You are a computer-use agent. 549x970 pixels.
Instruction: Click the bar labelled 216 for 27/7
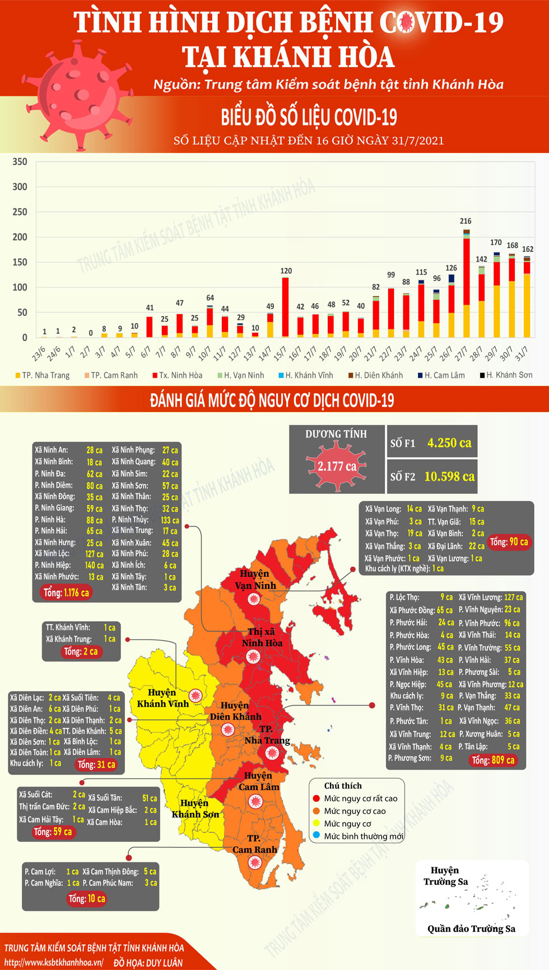point(466,283)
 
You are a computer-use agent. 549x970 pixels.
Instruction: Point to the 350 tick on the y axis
point(20,162)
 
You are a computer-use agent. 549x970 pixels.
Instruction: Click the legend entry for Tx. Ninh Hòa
point(177,375)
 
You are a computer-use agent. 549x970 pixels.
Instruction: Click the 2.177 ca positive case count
point(337,466)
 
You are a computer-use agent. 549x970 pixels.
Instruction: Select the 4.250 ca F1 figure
point(449,443)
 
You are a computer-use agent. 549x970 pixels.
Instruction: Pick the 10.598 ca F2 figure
point(449,477)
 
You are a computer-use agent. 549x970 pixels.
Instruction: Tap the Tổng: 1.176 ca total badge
point(66,593)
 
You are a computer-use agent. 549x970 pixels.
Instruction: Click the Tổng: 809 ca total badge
point(493,760)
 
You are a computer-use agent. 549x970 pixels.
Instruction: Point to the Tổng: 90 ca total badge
point(509,542)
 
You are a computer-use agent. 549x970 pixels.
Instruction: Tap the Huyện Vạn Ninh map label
point(255,580)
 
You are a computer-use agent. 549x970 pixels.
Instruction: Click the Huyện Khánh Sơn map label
point(195,809)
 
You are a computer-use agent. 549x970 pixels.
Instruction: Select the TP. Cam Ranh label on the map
point(255,844)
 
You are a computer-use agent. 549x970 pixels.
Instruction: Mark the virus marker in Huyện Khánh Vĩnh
point(195,696)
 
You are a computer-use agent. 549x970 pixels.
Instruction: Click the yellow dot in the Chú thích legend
point(317,823)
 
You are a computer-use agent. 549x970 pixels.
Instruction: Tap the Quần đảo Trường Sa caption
point(471,929)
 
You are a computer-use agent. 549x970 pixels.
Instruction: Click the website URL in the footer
point(54,962)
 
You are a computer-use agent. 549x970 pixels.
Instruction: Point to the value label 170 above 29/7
point(496,243)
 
